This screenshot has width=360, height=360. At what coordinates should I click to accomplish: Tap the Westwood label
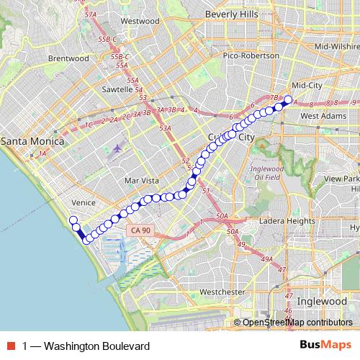(x=140, y=21)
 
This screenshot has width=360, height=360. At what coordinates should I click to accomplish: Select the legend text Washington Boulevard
(x=86, y=346)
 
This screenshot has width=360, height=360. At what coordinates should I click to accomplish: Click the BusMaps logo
(x=325, y=346)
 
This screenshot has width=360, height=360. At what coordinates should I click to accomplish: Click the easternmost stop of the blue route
(x=289, y=101)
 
